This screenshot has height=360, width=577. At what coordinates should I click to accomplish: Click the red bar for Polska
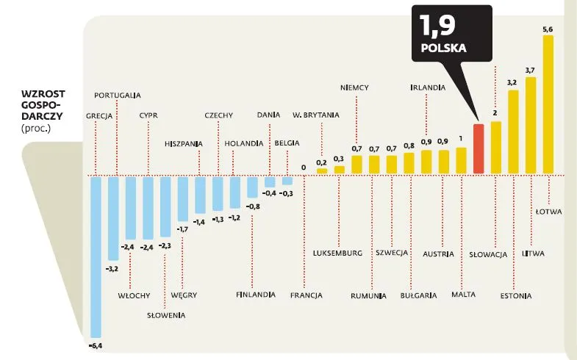click(478, 149)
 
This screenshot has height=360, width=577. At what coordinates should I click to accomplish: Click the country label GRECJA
click(98, 115)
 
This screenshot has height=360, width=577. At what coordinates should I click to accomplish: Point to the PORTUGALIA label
click(118, 95)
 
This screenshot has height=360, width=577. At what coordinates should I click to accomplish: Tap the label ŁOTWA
click(548, 212)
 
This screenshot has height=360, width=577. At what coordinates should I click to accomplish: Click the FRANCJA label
click(306, 295)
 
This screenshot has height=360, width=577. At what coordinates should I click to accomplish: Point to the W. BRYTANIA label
click(316, 115)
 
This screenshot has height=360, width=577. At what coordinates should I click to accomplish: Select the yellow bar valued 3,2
click(513, 132)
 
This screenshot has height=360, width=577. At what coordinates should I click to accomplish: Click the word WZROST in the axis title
click(42, 95)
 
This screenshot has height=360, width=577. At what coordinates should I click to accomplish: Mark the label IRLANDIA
click(427, 87)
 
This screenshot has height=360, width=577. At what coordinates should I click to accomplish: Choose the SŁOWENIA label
click(165, 315)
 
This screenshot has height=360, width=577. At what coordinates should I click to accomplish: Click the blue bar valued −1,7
click(183, 198)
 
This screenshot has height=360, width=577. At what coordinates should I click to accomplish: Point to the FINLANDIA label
click(256, 295)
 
